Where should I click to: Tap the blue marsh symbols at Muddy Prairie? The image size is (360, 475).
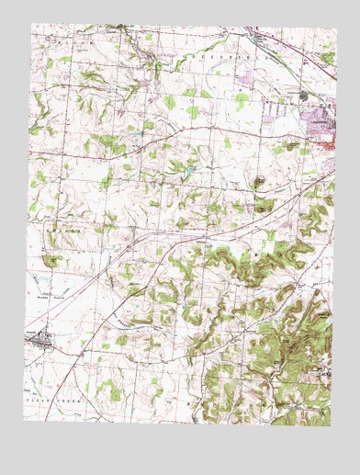pos(41,277)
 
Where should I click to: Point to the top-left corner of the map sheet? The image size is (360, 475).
pos(31,23)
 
